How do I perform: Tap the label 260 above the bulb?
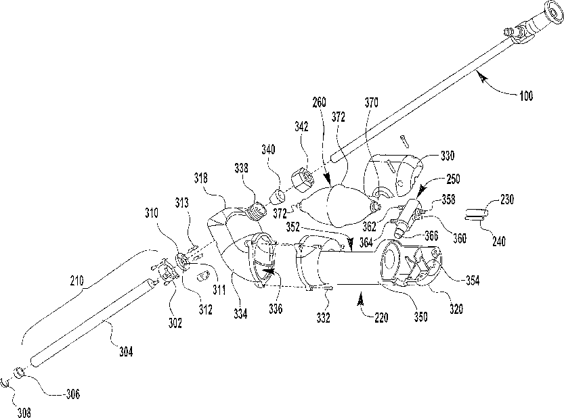tap(320, 103)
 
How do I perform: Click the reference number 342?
tap(301, 126)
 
